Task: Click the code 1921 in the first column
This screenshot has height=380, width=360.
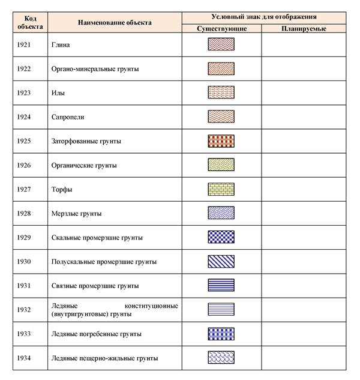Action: pyautogui.click(x=23, y=45)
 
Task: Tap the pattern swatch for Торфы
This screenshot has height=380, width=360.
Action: pyautogui.click(x=221, y=189)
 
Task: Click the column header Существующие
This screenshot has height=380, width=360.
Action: pyautogui.click(x=221, y=29)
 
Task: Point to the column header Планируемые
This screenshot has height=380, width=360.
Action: pyautogui.click(x=303, y=29)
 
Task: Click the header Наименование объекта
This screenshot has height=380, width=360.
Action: pyautogui.click(x=115, y=22)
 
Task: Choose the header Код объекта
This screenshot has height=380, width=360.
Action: pyautogui.click(x=26, y=22)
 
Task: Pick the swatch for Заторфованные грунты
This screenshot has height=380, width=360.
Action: pyautogui.click(x=221, y=141)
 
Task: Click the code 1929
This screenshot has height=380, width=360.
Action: pyautogui.click(x=23, y=238)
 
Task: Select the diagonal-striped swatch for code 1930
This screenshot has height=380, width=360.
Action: pyautogui.click(x=221, y=262)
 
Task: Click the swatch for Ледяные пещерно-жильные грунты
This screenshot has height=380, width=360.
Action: pyautogui.click(x=221, y=358)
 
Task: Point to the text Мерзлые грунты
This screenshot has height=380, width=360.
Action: pyautogui.click(x=76, y=214)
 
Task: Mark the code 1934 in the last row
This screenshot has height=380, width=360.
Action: pyautogui.click(x=23, y=358)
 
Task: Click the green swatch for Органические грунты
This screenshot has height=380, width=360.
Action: pyautogui.click(x=221, y=165)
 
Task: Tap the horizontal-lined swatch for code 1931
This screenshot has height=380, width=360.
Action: pyautogui.click(x=221, y=286)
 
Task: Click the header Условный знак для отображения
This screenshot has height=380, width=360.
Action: pyautogui.click(x=264, y=17)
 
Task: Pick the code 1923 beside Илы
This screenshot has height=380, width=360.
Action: pyautogui.click(x=23, y=93)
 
